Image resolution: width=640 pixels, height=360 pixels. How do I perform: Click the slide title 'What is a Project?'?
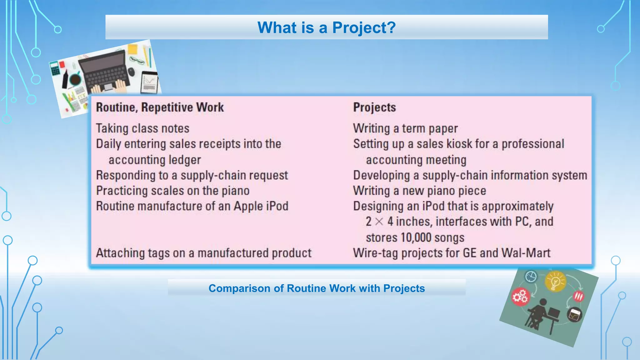pyautogui.click(x=327, y=27)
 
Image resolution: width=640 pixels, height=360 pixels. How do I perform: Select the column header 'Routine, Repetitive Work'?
pyautogui.click(x=160, y=107)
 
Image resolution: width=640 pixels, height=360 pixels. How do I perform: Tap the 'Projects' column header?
pyautogui.click(x=374, y=107)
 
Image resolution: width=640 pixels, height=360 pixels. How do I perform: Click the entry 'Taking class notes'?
pyautogui.click(x=142, y=128)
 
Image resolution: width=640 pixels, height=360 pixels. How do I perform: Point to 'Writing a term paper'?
pyautogui.click(x=405, y=128)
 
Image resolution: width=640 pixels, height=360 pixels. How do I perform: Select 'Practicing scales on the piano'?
pyautogui.click(x=173, y=191)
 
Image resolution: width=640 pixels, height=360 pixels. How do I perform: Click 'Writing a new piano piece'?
pyautogui.click(x=419, y=191)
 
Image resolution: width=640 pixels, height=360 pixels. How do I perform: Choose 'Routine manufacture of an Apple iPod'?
pyautogui.click(x=192, y=206)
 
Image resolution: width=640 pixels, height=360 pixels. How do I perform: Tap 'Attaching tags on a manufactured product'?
pyautogui.click(x=204, y=253)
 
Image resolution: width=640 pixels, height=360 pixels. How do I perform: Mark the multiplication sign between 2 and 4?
pyautogui.click(x=379, y=222)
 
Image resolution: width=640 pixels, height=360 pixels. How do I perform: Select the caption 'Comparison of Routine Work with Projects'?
pyautogui.click(x=317, y=288)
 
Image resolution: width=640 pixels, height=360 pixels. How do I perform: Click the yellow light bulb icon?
pyautogui.click(x=555, y=281)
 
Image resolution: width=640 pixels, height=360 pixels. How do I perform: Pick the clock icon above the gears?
pyautogui.click(x=531, y=276)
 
